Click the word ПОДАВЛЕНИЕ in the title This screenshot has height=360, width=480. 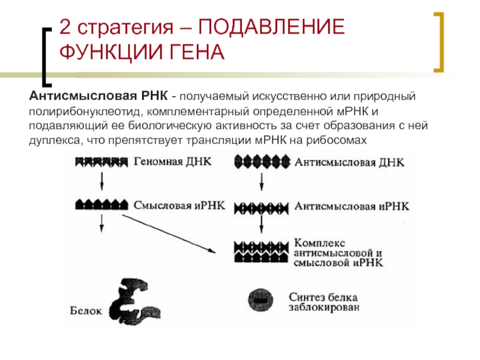[x=272, y=27]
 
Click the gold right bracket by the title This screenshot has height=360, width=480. [x=439, y=42]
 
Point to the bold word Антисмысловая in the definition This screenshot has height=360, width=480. [x=83, y=96]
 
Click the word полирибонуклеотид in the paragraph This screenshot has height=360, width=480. [x=85, y=111]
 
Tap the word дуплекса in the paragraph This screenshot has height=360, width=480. [x=55, y=140]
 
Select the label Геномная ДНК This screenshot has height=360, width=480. [x=173, y=161]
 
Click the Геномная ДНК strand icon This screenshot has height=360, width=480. [x=101, y=162]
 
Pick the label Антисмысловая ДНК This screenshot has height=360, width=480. [x=349, y=162]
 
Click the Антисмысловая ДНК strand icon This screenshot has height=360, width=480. [x=262, y=162]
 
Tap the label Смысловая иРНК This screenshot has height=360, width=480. [x=179, y=205]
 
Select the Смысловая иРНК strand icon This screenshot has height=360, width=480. [x=101, y=204]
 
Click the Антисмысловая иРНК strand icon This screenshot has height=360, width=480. [x=261, y=208]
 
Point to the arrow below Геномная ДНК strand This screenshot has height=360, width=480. [x=102, y=181]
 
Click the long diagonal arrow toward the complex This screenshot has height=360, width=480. [x=169, y=233]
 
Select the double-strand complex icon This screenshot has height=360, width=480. [x=261, y=251]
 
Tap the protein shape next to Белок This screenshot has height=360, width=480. [x=134, y=302]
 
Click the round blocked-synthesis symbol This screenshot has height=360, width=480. [x=260, y=300]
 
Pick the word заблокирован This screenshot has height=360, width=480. [x=324, y=307]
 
